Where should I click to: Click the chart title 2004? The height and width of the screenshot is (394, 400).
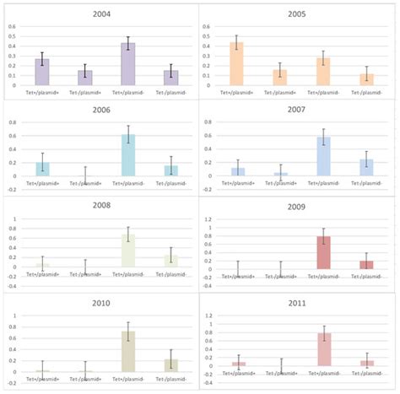100,14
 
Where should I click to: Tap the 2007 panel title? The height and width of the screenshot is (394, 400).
297,111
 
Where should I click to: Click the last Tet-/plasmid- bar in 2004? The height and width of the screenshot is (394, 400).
171,78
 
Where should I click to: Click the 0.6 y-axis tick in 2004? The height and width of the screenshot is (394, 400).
12,25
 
